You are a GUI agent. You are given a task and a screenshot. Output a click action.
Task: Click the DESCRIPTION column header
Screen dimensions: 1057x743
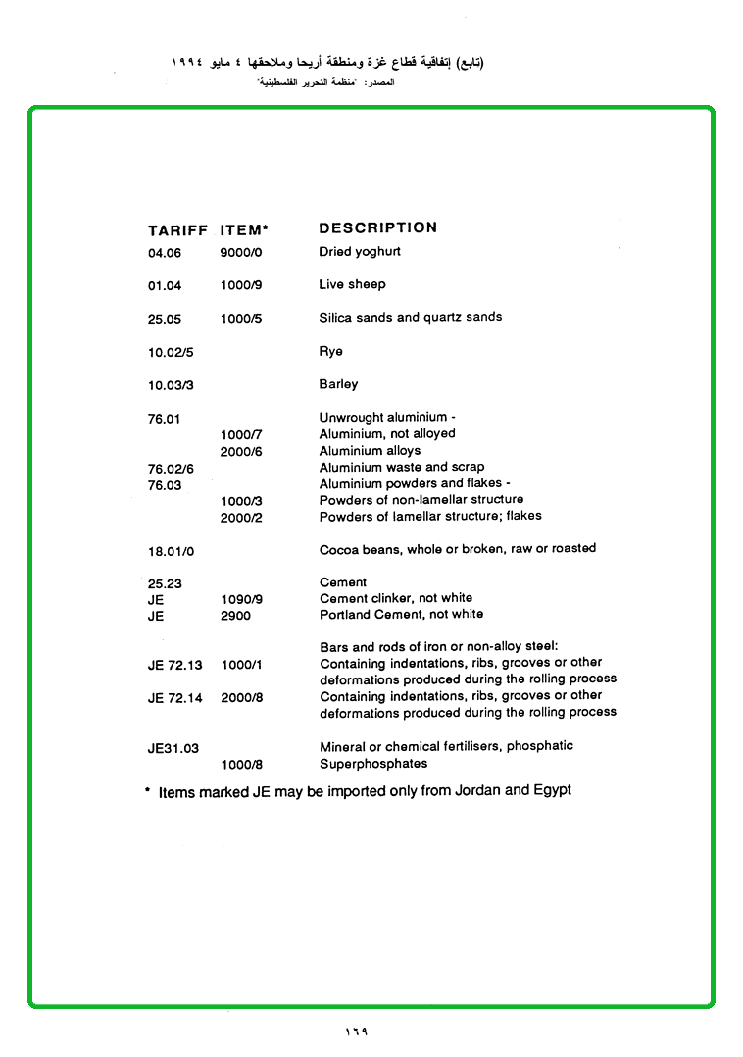(x=377, y=227)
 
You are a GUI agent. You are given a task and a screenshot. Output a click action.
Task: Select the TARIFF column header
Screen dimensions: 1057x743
(x=177, y=231)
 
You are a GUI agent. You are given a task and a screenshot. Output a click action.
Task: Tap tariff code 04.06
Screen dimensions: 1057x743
(x=165, y=253)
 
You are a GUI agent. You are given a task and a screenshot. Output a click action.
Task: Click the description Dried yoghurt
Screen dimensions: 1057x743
(x=359, y=252)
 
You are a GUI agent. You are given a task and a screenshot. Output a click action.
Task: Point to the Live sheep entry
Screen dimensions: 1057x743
(x=352, y=284)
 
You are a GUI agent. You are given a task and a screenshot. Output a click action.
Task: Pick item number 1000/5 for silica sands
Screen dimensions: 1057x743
(x=241, y=319)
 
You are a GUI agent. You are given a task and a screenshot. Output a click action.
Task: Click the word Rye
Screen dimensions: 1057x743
(x=330, y=351)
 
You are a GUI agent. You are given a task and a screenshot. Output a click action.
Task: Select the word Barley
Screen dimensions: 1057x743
(x=338, y=384)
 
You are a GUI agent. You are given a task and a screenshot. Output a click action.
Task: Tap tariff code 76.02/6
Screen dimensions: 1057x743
(x=171, y=469)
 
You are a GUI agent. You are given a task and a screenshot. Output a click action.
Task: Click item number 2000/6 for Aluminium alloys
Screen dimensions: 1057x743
(x=240, y=452)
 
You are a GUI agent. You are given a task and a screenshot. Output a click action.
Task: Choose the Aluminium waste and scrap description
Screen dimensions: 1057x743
(x=401, y=467)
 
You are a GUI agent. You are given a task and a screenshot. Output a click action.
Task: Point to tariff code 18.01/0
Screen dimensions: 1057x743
(x=171, y=552)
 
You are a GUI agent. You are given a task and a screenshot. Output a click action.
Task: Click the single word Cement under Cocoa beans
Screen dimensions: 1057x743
(x=343, y=582)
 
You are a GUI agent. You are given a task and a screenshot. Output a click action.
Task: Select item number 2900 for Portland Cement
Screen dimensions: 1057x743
(x=235, y=616)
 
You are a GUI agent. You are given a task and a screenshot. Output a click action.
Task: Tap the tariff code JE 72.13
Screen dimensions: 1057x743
(x=174, y=665)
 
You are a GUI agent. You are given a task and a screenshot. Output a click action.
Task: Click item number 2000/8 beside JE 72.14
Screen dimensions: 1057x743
(x=241, y=698)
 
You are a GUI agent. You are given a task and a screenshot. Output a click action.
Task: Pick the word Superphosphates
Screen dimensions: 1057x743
(x=373, y=763)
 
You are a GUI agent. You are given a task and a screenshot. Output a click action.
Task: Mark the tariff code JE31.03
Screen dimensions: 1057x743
(x=173, y=748)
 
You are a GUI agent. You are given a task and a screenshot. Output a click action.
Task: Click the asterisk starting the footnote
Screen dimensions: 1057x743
(x=147, y=789)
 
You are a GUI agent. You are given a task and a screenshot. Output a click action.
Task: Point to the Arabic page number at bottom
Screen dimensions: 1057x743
(x=356, y=1032)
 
